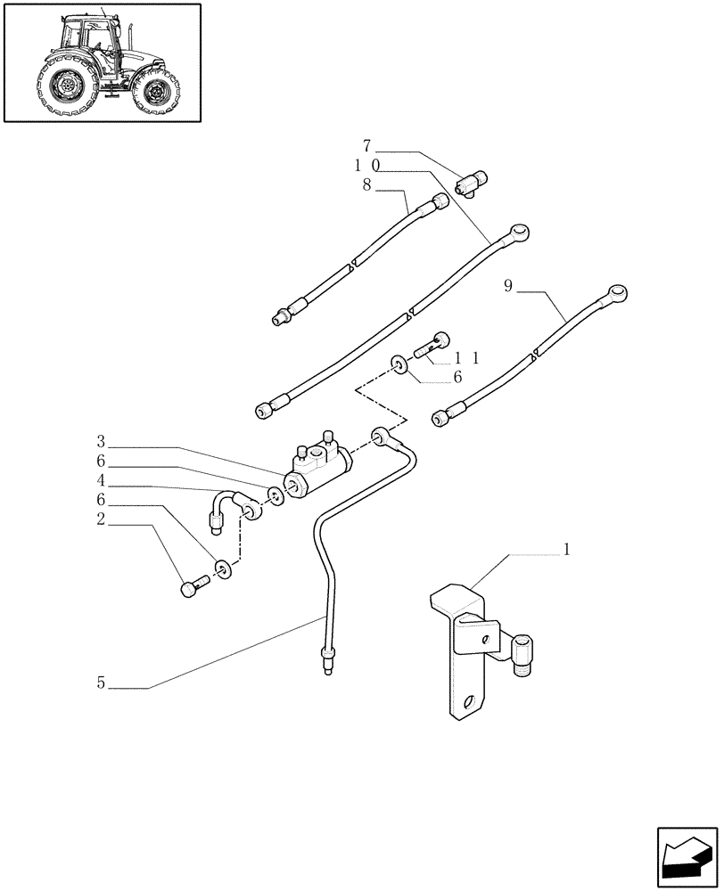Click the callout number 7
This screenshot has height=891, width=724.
366,145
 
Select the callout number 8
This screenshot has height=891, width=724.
366,186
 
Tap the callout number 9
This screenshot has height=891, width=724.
507,286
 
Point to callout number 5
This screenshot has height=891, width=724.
101,683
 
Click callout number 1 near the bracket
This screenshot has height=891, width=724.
565,550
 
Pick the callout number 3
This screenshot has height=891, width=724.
101,442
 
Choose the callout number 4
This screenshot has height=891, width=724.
101,482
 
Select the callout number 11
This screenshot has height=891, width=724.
467,357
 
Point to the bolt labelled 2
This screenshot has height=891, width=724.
193,586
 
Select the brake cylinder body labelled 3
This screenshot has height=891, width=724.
317,464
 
